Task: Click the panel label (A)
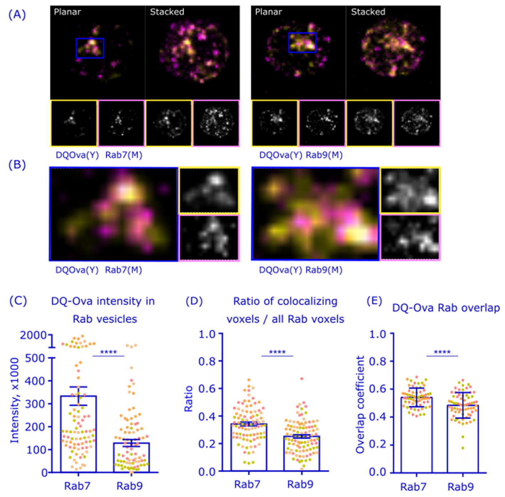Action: tap(17, 15)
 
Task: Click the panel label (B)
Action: tap(17, 165)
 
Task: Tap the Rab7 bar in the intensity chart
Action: tap(79, 434)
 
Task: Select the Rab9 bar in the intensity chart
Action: tap(131, 457)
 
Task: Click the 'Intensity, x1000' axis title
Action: tap(14, 400)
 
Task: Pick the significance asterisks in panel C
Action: tap(109, 352)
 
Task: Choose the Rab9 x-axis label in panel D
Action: tap(300, 484)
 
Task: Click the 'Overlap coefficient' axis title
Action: tap(360, 405)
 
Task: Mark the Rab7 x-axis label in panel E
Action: tap(413, 486)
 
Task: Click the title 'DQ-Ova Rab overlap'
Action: tap(446, 308)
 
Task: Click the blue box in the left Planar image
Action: tap(90, 48)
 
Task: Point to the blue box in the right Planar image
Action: tap(302, 43)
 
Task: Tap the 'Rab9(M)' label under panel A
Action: tap(324, 155)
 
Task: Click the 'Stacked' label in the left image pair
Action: tap(167, 12)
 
